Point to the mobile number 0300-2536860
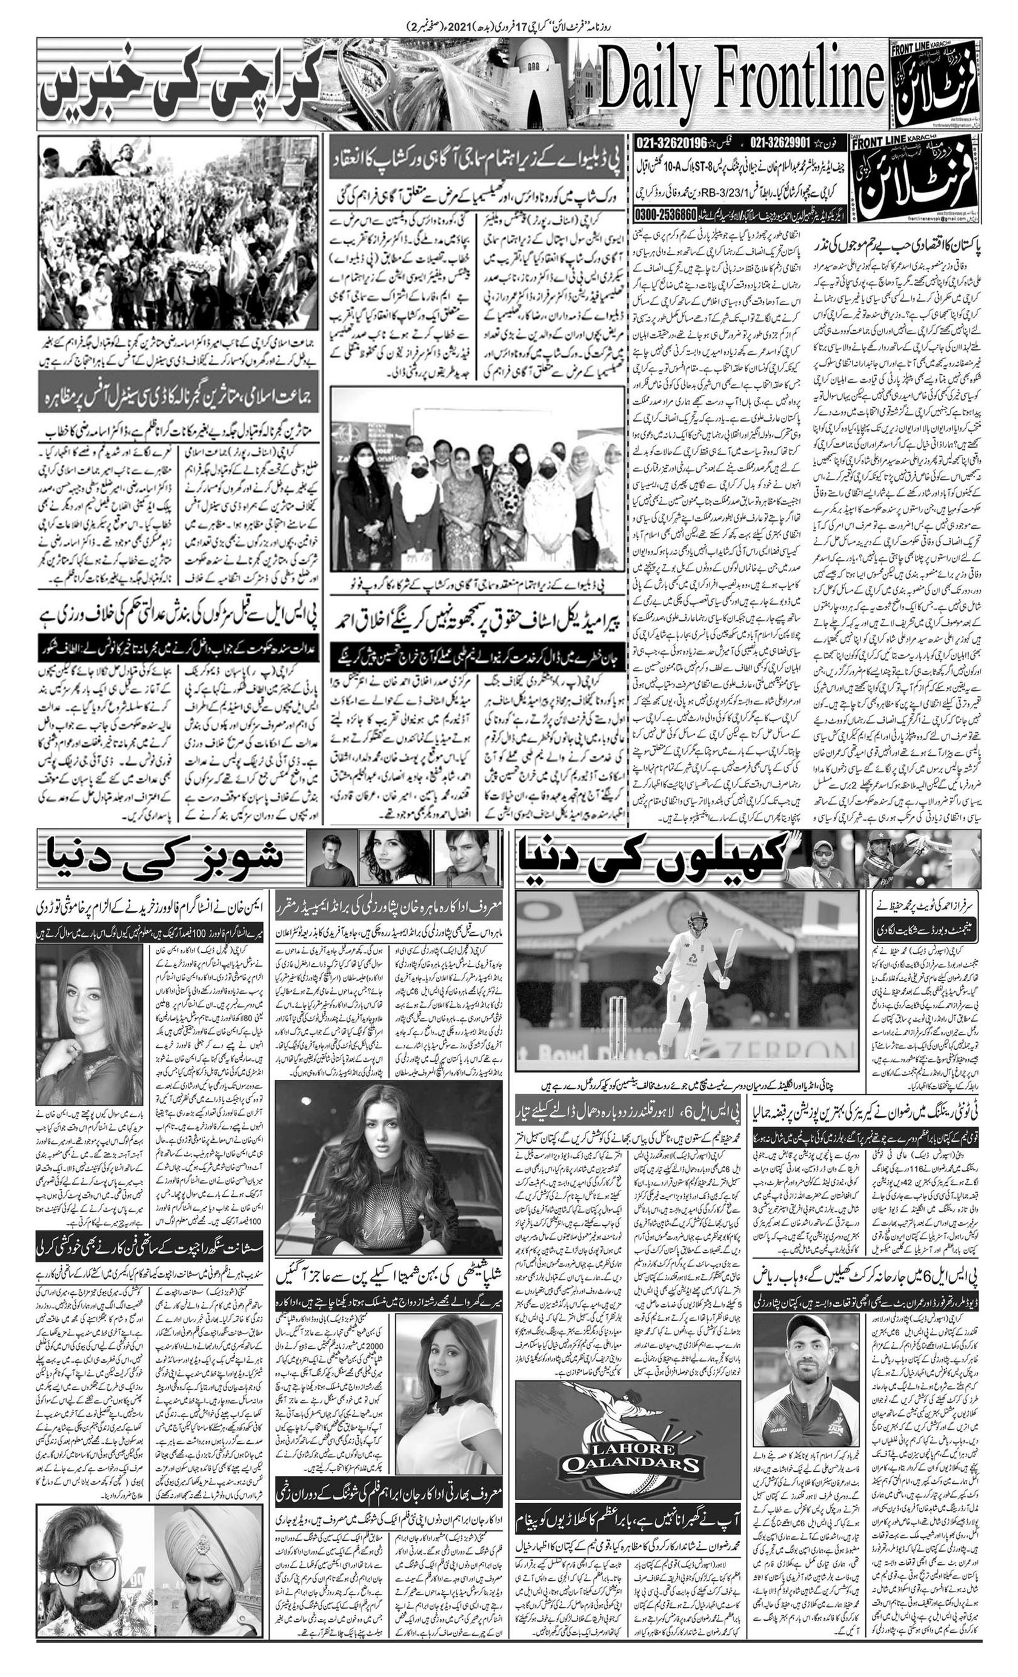click(x=665, y=214)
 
